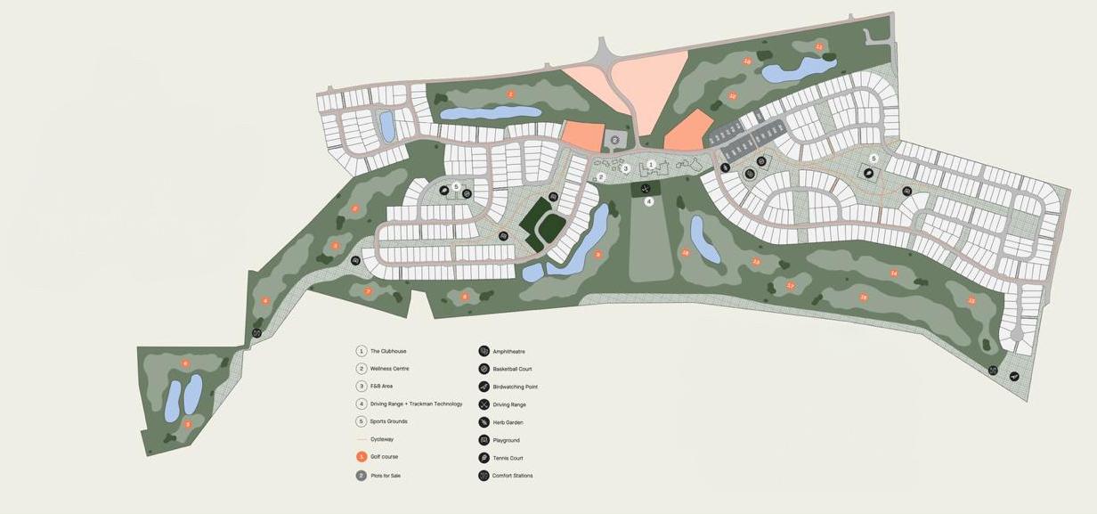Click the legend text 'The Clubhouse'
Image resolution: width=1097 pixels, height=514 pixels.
click(x=388, y=351)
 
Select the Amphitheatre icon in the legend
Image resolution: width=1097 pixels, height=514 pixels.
click(x=483, y=351)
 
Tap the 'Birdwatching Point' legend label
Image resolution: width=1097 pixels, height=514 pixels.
click(x=515, y=387)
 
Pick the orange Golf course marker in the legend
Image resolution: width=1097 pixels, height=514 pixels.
click(x=362, y=457)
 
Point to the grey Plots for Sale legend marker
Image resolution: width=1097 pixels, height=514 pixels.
click(x=362, y=475)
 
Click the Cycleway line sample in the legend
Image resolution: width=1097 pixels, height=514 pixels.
click(x=362, y=439)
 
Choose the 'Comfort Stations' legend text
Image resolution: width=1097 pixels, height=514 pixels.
click(x=512, y=476)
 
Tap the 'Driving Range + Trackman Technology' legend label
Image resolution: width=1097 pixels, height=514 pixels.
click(x=416, y=404)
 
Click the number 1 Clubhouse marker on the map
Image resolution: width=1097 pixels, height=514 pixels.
click(x=652, y=164)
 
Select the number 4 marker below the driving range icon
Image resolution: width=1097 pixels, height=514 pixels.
click(x=649, y=201)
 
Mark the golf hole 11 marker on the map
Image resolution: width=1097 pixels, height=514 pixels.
click(x=819, y=46)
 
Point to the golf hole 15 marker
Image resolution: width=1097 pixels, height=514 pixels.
click(x=971, y=301)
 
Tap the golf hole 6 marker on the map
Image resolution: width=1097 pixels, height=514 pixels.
click(x=185, y=363)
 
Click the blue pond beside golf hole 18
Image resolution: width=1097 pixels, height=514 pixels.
click(x=704, y=239)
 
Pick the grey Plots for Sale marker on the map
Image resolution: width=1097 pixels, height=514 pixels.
click(x=614, y=140)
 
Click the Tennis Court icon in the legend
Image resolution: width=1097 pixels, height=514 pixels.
click(x=483, y=458)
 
